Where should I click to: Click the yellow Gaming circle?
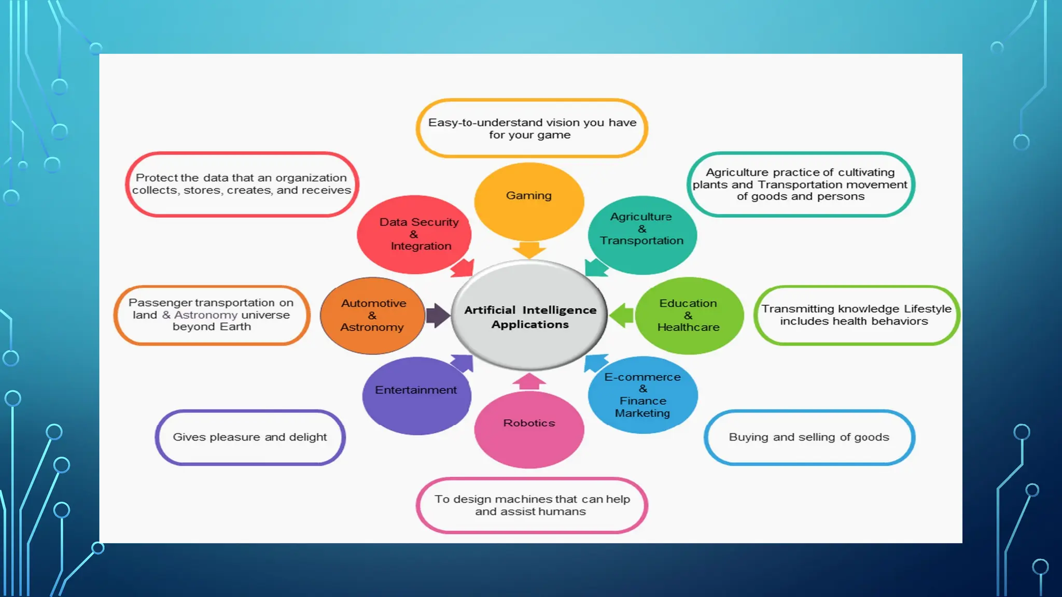point(529,202)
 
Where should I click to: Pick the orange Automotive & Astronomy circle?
point(373,316)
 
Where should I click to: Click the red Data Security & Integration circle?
point(414,234)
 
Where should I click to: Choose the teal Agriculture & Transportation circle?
point(642,234)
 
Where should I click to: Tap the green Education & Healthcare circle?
point(689,316)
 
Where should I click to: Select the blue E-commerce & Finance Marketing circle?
point(643,395)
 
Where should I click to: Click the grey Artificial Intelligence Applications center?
point(529,316)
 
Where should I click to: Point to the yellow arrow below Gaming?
point(529,250)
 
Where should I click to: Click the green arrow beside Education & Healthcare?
point(622,315)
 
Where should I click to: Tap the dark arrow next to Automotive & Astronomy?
point(438,316)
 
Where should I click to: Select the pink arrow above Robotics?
point(529,382)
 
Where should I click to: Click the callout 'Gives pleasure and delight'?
point(250,437)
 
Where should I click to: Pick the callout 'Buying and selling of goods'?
point(809,437)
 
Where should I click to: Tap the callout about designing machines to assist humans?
point(532,505)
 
